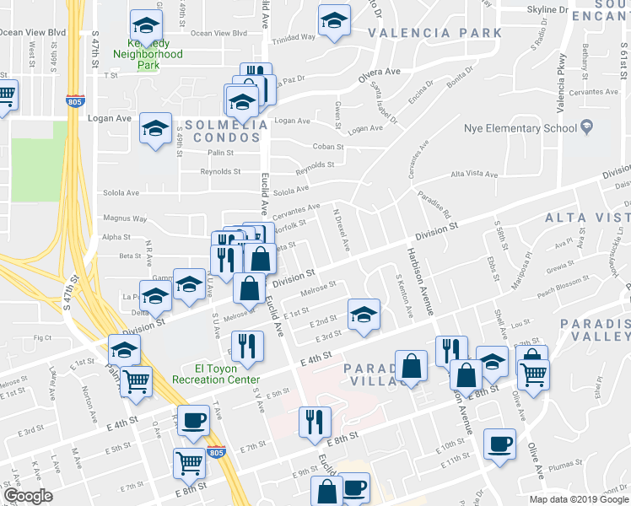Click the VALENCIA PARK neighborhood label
click(x=434, y=34)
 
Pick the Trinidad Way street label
click(x=294, y=37)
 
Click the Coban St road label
click(x=326, y=145)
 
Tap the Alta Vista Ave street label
click(x=475, y=174)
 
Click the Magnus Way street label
click(x=125, y=218)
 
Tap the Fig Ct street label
click(x=43, y=338)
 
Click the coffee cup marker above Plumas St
click(x=499, y=443)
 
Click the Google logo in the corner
click(x=29, y=496)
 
